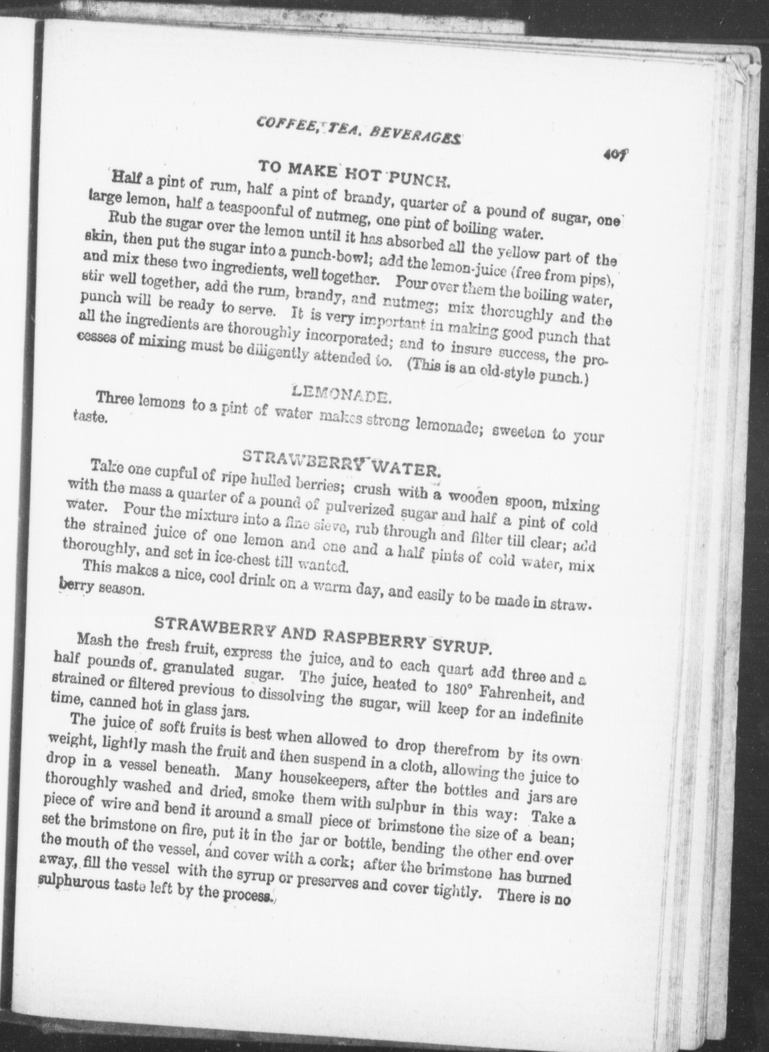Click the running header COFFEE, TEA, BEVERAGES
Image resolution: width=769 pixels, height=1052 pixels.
click(359, 128)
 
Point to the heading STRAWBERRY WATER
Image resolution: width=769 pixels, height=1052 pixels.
click(342, 463)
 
